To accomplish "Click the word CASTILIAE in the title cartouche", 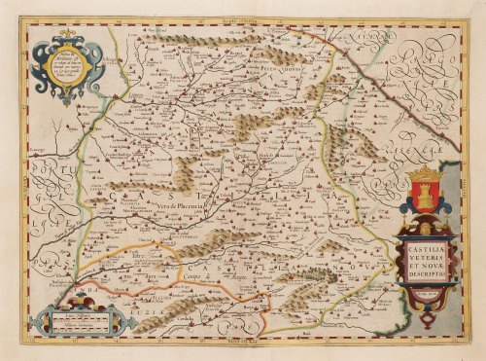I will point(423,255).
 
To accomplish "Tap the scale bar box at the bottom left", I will point(82,318).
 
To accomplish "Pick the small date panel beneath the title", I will point(425,291).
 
